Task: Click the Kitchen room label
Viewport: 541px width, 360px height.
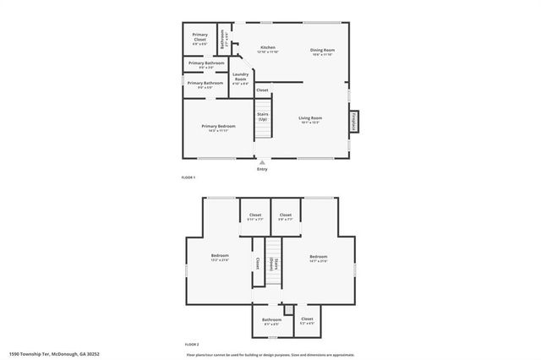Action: coord(267,48)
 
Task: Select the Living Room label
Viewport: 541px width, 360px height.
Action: coord(310,119)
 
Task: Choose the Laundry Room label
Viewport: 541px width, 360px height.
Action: coord(240,80)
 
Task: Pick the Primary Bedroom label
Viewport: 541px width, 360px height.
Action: coord(218,127)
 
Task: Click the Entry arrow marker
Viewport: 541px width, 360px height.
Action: coord(262,161)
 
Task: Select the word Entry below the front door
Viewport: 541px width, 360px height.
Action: coord(262,169)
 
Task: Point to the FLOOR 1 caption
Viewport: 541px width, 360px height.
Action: coord(189,177)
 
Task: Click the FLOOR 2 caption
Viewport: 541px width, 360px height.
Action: coord(191,345)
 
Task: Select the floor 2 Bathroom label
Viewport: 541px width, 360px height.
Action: coord(272,320)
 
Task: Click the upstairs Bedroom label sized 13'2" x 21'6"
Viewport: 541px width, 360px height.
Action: coord(220,258)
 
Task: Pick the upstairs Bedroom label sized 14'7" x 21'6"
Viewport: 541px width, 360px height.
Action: coord(318,258)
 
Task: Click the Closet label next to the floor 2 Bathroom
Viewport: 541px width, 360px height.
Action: coord(307,320)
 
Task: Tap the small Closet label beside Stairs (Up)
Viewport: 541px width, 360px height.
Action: coord(262,90)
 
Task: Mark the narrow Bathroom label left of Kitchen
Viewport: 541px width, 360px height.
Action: coord(223,38)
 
